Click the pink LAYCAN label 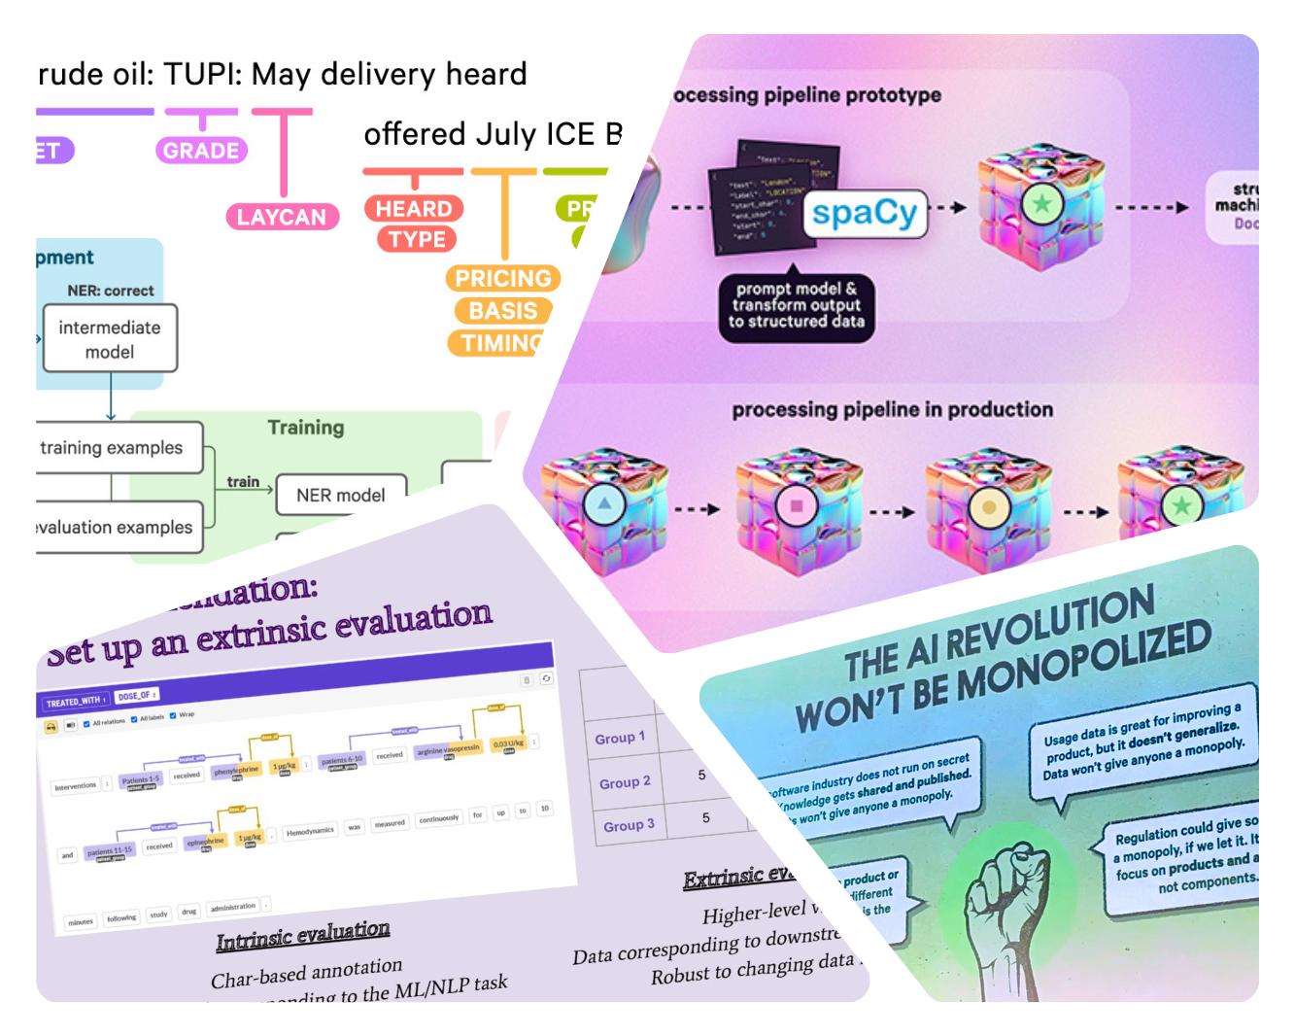click(x=282, y=217)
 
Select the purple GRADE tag click(x=201, y=151)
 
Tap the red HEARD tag click(x=414, y=208)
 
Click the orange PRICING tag click(x=503, y=278)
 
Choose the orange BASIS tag click(x=502, y=311)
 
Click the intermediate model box click(x=110, y=339)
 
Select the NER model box click(x=340, y=495)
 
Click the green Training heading click(x=305, y=428)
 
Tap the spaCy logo click(x=864, y=213)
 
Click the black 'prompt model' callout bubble click(x=796, y=305)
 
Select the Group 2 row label click(x=625, y=782)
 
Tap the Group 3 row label click(x=629, y=825)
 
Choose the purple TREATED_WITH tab click(x=76, y=702)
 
